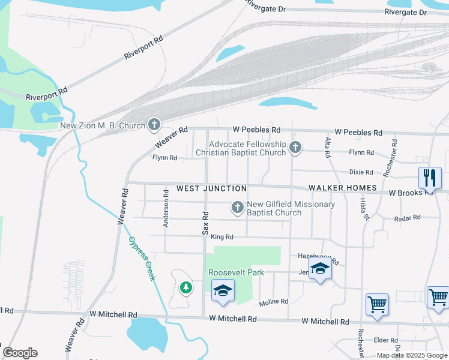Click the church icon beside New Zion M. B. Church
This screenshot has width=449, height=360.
pos(154,125)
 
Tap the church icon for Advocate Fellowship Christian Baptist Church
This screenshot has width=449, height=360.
pos(295,147)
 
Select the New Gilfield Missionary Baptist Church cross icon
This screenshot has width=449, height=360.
pos(238,208)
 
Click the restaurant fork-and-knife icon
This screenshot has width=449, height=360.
pos(429,178)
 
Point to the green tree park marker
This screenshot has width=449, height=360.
pos(186,287)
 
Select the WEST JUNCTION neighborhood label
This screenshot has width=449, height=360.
pos(212,188)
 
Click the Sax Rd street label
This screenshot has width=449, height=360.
pos(205,223)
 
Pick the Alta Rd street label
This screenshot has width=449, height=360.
pos(328,148)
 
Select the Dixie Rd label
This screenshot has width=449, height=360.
pos(361,172)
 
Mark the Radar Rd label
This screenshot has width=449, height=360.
pos(408,218)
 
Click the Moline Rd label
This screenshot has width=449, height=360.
pos(274,301)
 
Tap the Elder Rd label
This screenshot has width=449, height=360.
pos(382,340)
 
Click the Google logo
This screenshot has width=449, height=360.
pos(20,353)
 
